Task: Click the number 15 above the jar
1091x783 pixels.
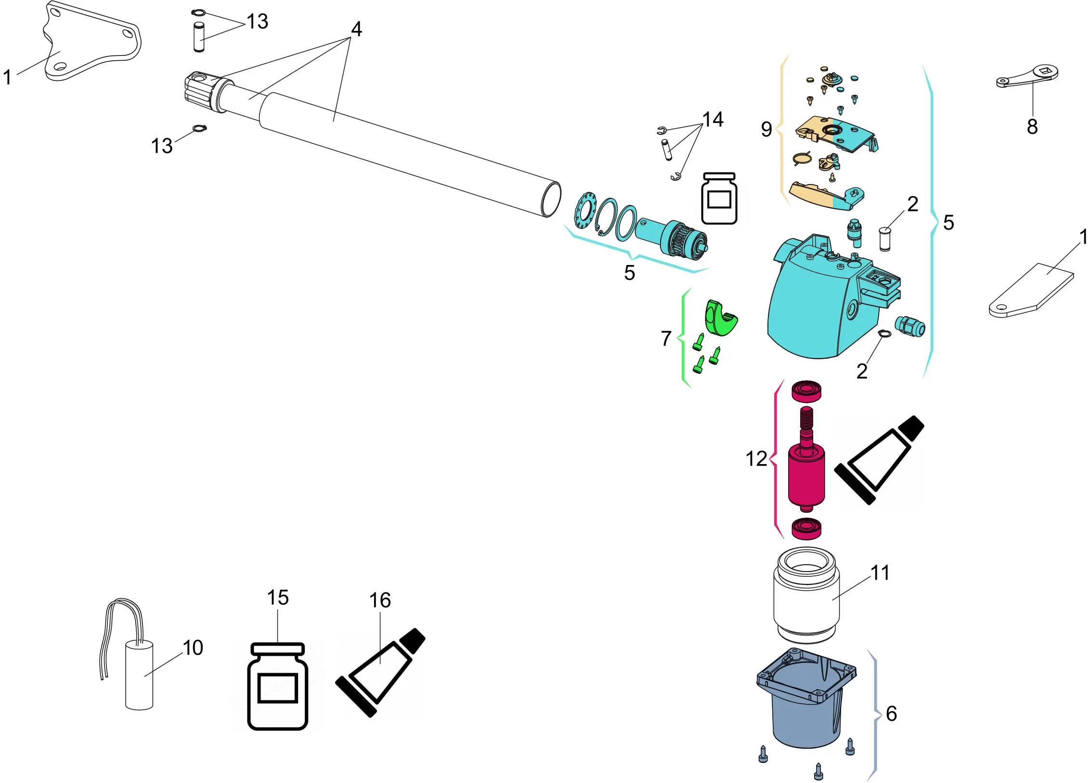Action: [278, 598]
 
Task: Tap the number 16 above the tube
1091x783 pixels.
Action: [380, 600]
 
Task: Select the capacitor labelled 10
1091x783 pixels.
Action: [139, 675]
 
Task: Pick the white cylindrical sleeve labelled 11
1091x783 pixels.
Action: [806, 597]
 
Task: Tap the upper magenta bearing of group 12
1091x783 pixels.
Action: [806, 390]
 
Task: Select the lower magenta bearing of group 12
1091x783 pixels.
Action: [806, 529]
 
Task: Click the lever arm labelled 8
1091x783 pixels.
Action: [1027, 77]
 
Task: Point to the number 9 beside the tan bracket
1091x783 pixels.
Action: [766, 129]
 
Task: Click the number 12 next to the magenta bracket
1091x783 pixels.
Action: [756, 459]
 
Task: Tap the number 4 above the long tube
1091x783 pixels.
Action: [356, 29]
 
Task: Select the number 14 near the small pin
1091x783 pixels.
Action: [713, 119]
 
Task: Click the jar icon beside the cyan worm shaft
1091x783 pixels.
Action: [719, 199]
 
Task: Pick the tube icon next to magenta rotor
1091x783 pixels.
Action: [879, 460]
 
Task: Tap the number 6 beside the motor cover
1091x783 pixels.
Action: [891, 714]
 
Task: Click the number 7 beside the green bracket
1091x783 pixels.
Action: [666, 338]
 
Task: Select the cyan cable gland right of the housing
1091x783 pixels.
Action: [910, 327]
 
